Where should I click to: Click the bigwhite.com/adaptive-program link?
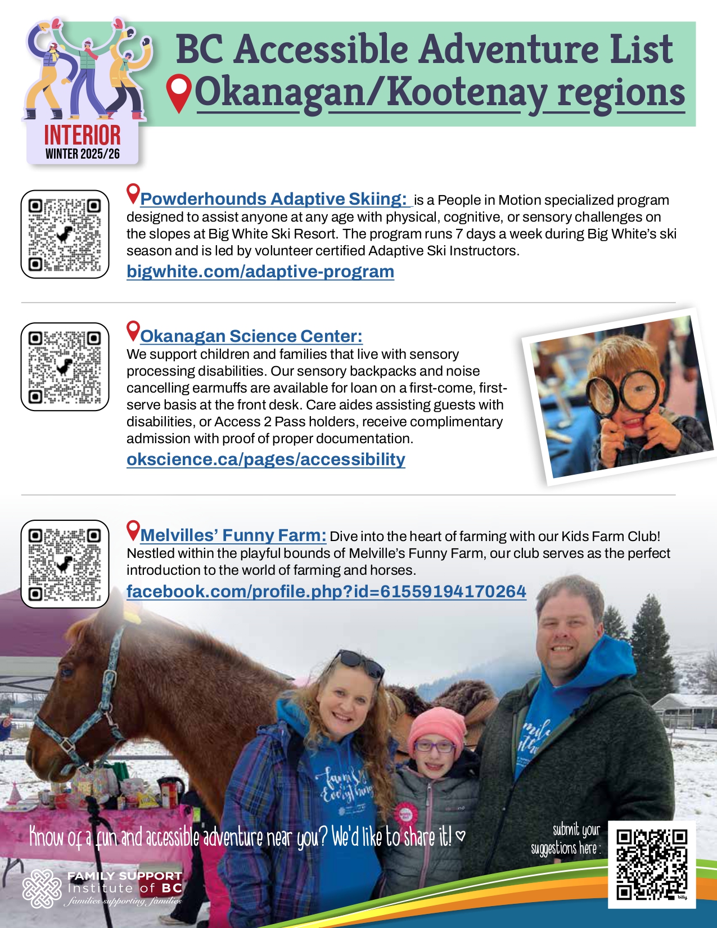tap(260, 272)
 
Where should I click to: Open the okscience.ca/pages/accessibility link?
tap(265, 460)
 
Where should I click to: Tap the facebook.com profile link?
tap(326, 592)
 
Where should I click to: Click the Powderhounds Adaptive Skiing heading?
tap(273, 199)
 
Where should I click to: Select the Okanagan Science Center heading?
tap(251, 336)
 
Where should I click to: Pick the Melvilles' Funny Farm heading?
tap(233, 535)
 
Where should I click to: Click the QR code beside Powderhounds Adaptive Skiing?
tap(65, 234)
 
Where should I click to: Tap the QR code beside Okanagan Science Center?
tap(65, 367)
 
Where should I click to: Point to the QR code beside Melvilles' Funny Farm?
tap(65, 564)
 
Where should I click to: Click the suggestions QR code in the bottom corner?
tap(652, 864)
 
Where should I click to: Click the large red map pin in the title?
tap(179, 93)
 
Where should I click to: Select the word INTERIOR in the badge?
tap(82, 135)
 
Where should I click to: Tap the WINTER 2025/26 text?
tap(82, 154)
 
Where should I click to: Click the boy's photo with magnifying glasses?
tap(619, 397)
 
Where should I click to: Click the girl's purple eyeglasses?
tap(434, 747)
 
